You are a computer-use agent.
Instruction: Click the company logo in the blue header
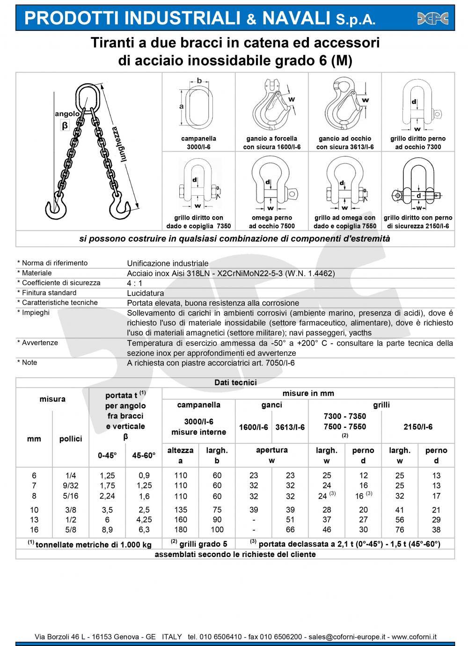point(432,18)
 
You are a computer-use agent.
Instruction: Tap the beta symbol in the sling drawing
point(65,125)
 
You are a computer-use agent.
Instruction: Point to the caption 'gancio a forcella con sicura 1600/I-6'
point(271,143)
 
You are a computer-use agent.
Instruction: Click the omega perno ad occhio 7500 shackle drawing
point(271,185)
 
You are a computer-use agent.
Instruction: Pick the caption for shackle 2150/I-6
point(418,222)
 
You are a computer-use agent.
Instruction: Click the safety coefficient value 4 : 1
point(135,283)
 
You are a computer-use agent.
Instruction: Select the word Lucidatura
point(146,293)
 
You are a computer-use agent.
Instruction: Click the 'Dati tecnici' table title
point(235,382)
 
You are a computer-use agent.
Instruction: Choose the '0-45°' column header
point(107,455)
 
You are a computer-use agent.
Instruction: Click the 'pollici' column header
point(71,439)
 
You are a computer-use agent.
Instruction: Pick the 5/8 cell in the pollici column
point(71,530)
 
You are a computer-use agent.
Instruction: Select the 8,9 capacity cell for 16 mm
point(107,530)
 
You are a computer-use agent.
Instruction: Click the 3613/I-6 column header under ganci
point(290,427)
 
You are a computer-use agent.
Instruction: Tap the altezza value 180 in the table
point(181,530)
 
